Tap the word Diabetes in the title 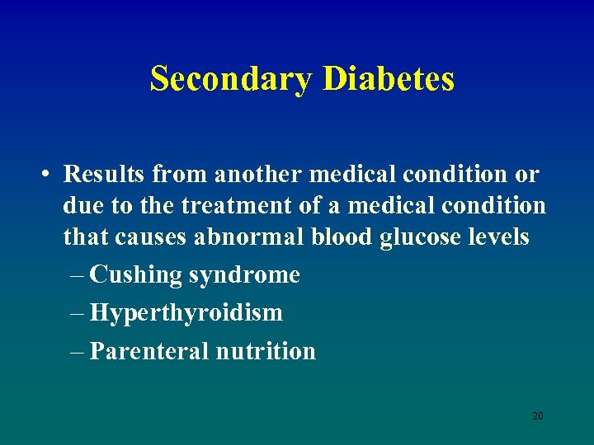[x=389, y=79]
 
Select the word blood [x=343, y=237]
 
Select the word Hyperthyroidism [x=186, y=313]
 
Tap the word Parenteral [x=149, y=351]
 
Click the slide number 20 [x=537, y=416]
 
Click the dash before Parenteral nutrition [x=78, y=352]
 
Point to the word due [x=81, y=206]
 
